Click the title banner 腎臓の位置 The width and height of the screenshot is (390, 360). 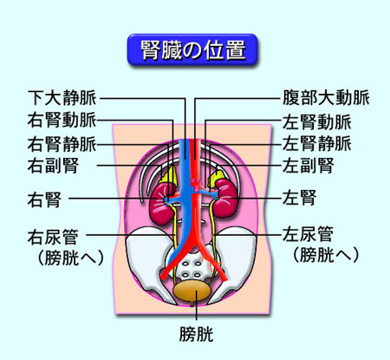click(192, 50)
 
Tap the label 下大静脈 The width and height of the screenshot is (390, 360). click(62, 98)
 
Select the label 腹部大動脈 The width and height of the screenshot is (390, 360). click(326, 98)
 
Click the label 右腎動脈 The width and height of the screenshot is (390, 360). click(62, 120)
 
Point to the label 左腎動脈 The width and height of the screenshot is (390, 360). click(317, 121)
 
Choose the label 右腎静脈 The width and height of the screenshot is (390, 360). click(62, 144)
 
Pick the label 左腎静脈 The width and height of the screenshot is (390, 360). click(317, 143)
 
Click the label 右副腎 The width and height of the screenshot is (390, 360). click(53, 166)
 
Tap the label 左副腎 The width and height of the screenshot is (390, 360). click(309, 166)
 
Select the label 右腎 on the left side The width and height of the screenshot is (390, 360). click(44, 200)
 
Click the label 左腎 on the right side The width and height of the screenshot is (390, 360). click(300, 198)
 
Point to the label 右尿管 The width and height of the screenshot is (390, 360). click(53, 237)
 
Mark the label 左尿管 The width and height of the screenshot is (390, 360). click(309, 234)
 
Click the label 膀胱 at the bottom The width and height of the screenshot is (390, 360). click(196, 335)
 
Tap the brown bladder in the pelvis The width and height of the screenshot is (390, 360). click(192, 291)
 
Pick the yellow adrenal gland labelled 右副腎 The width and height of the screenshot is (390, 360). click(168, 174)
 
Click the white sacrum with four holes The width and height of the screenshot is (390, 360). click(192, 267)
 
